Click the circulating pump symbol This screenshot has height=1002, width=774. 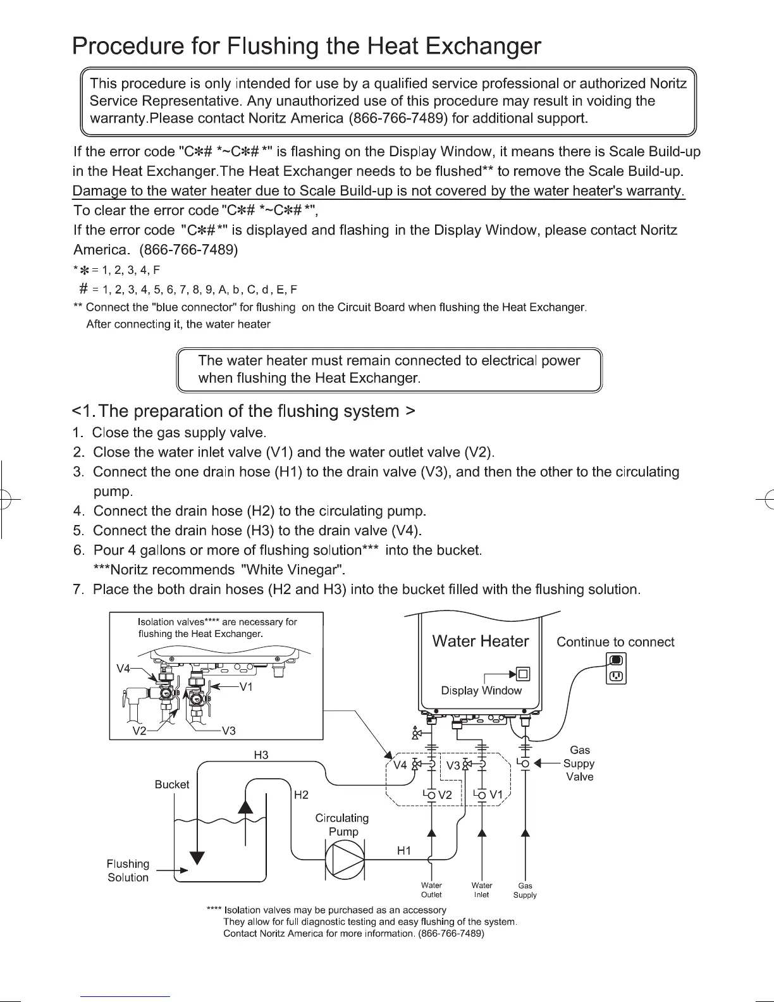tap(345, 858)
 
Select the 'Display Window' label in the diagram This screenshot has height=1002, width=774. tap(481, 691)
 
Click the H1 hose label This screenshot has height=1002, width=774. tap(404, 851)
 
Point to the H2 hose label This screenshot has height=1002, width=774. tap(302, 795)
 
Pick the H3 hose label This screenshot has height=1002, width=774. tap(261, 755)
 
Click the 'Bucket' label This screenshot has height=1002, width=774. tap(172, 784)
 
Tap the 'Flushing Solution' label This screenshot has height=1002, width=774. tap(128, 870)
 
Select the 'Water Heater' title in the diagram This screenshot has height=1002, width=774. tap(481, 641)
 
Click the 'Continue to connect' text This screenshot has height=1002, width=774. tap(615, 642)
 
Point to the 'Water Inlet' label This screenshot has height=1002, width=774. tap(482, 890)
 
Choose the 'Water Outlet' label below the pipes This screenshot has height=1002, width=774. tap(431, 890)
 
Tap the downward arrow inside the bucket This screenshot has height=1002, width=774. tap(199, 858)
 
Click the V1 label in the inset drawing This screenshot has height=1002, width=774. tap(247, 687)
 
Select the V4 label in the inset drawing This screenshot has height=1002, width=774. tap(124, 669)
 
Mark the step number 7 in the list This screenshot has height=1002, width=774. tap(78, 590)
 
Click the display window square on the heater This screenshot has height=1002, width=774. tap(523, 673)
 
